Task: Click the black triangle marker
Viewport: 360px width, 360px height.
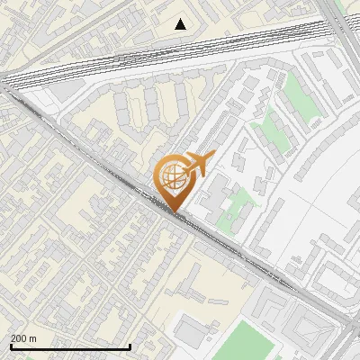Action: pos(181,23)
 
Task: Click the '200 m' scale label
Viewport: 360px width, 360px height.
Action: pos(23,338)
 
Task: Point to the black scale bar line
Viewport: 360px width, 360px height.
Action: pos(70,346)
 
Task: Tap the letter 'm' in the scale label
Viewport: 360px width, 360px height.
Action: pos(32,338)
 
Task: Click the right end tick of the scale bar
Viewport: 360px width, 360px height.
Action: pos(130,346)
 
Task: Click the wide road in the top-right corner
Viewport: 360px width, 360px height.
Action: pos(346,36)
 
